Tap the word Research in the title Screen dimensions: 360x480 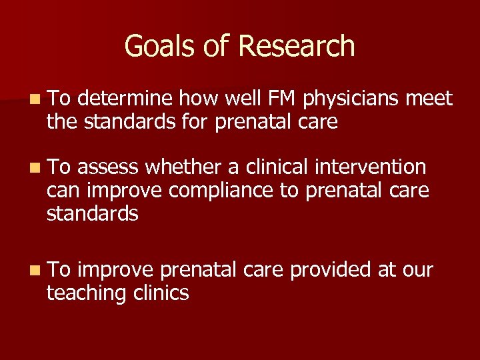(296, 46)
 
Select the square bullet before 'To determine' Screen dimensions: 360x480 (34, 100)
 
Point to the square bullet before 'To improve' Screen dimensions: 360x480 (34, 270)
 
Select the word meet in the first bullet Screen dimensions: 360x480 (431, 99)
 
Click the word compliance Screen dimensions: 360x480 (221, 190)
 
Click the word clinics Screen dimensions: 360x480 (163, 292)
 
